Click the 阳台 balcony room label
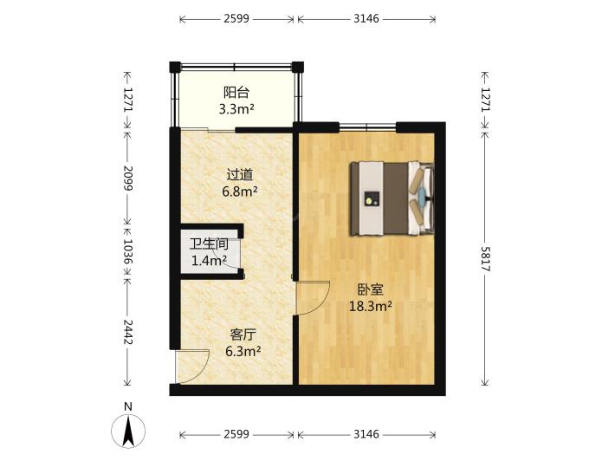[236, 93]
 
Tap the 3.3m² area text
[236, 108]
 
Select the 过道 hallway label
[240, 174]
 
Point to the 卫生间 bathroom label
[209, 244]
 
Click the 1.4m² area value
[209, 260]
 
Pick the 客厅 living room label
[243, 334]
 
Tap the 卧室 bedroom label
[370, 289]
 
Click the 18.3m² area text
[370, 306]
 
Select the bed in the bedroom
[392, 198]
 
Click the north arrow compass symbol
[128, 431]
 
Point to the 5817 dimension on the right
[486, 259]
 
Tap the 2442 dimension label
[128, 332]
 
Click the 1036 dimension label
[128, 251]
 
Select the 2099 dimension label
[128, 179]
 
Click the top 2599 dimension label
[236, 18]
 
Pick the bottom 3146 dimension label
[366, 434]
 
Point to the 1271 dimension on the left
[128, 99]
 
